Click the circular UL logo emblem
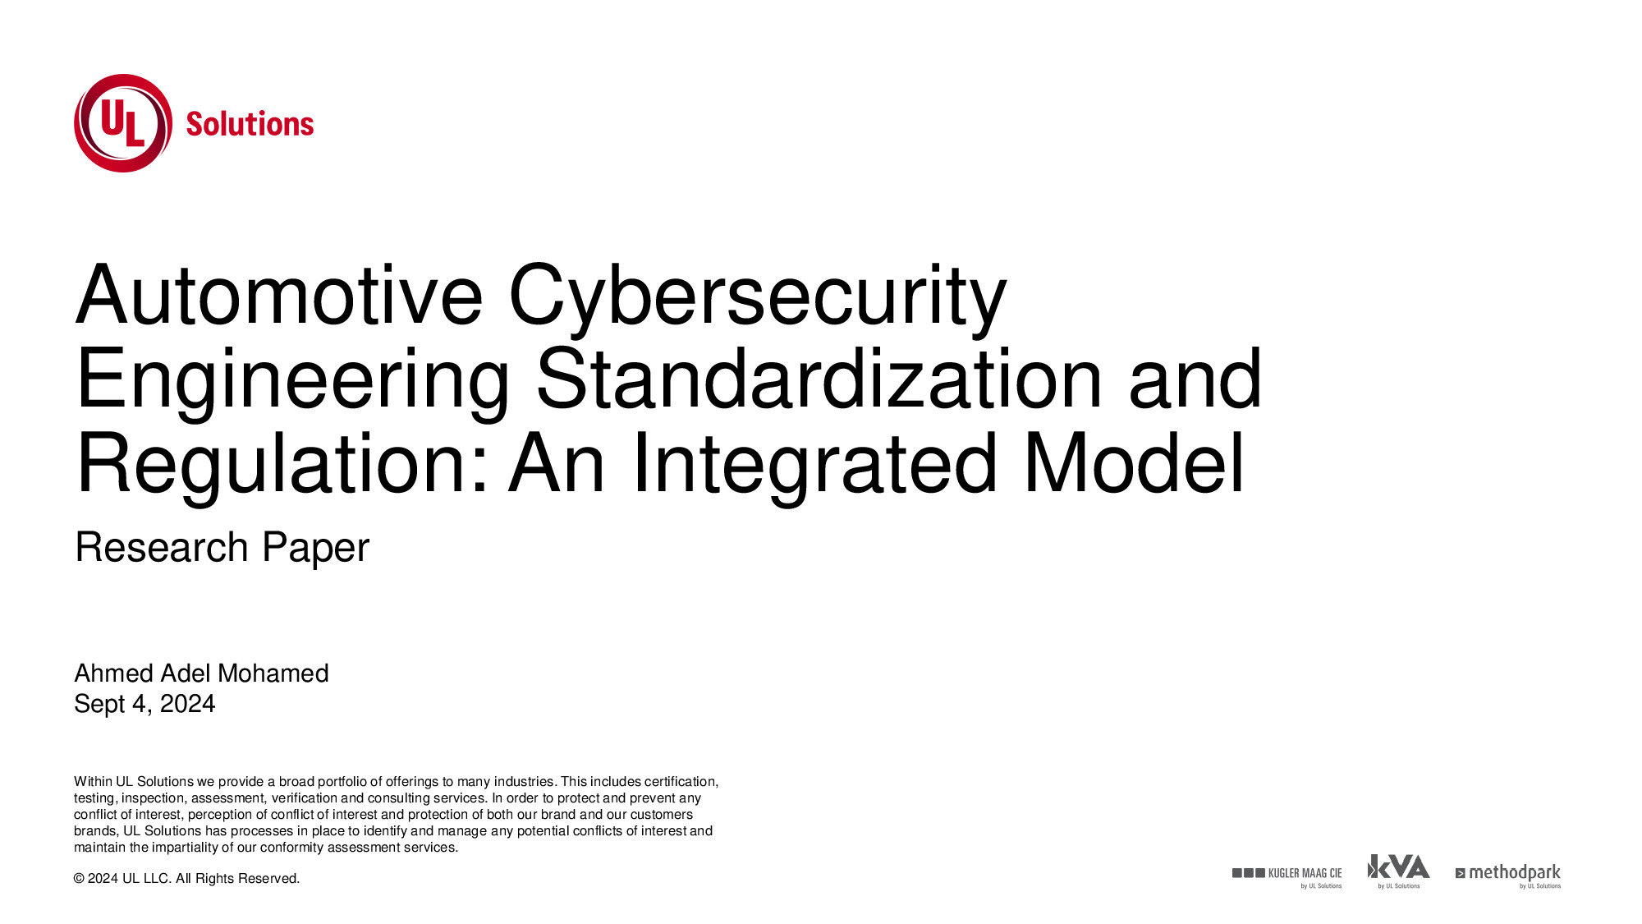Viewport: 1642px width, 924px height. (x=123, y=123)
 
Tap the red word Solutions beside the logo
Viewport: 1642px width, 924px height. (x=250, y=124)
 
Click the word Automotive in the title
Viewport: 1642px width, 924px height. (x=279, y=295)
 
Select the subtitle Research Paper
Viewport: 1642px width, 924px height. (x=222, y=548)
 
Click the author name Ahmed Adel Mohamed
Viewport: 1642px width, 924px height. (x=201, y=673)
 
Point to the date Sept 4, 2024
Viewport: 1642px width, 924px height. (x=144, y=704)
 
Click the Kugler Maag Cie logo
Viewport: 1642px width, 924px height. (x=1287, y=876)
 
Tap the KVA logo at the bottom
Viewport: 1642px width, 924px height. (x=1398, y=871)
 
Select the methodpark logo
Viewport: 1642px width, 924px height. (x=1508, y=876)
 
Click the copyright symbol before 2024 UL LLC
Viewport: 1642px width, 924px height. (x=79, y=879)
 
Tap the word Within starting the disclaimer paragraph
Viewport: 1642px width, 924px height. (x=93, y=782)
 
